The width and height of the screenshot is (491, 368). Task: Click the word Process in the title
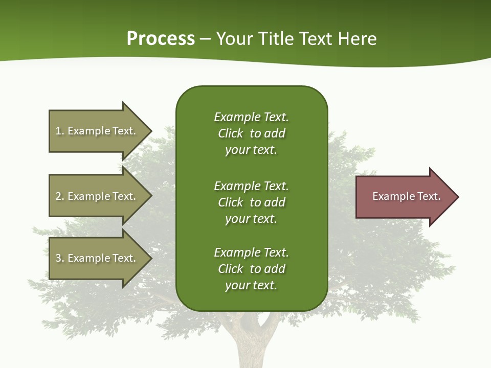[x=161, y=39]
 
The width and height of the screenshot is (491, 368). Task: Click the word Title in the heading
[x=275, y=39]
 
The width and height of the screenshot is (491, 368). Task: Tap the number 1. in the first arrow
[x=59, y=131]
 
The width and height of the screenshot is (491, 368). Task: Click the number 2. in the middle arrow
[x=59, y=196]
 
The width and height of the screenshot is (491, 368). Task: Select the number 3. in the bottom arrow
[x=59, y=258]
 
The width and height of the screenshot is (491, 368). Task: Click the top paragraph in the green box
[x=251, y=133]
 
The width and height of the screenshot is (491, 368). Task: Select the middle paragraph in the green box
[x=251, y=202]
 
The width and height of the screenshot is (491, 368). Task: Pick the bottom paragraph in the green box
[x=251, y=269]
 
